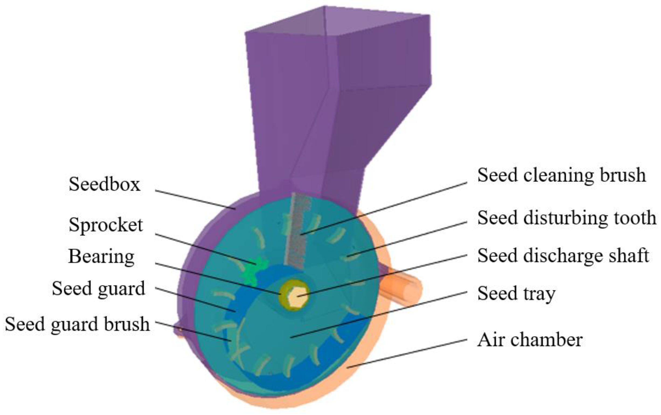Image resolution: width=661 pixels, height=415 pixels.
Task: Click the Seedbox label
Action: pyautogui.click(x=104, y=184)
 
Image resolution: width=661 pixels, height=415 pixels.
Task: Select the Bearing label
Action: pyautogui.click(x=101, y=257)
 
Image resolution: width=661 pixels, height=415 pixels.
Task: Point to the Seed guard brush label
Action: pyautogui.click(x=77, y=324)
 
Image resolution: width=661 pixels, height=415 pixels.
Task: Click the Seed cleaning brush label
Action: pyautogui.click(x=561, y=175)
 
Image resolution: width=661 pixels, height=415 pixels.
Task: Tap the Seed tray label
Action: pyautogui.click(x=516, y=294)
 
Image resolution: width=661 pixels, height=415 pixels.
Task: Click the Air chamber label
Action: pyautogui.click(x=530, y=340)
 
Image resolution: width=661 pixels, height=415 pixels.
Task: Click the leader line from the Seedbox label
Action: pyautogui.click(x=195, y=199)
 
